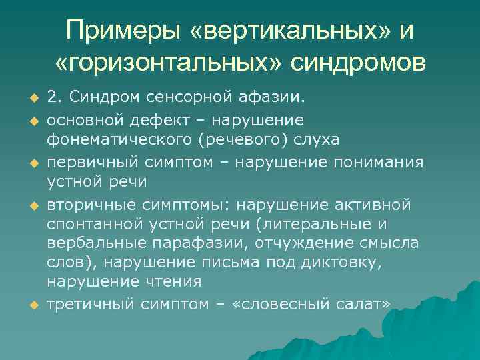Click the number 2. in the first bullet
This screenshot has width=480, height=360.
click(54, 99)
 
